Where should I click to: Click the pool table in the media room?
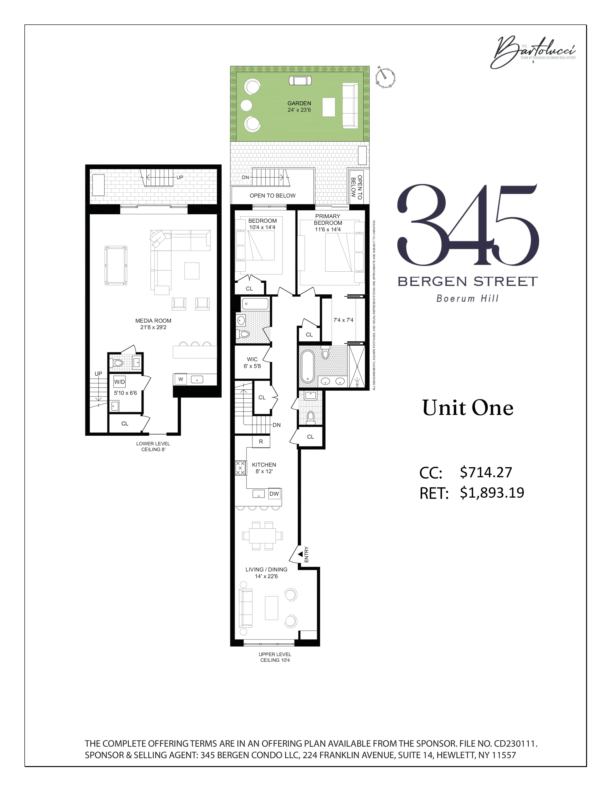(116, 266)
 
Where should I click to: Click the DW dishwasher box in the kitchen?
(274, 494)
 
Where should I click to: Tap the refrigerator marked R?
(261, 442)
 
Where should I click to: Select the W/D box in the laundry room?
(120, 382)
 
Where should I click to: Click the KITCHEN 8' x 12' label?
(264, 468)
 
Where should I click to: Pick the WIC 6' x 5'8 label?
(252, 362)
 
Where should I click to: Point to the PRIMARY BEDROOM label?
(328, 220)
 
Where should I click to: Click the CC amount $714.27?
(486, 472)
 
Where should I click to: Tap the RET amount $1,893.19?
(491, 493)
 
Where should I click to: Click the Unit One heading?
(468, 408)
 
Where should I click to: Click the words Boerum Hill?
(467, 299)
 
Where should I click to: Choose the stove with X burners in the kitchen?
(240, 468)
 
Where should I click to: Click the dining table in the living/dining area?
(262, 536)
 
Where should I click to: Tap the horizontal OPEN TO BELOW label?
(272, 196)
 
